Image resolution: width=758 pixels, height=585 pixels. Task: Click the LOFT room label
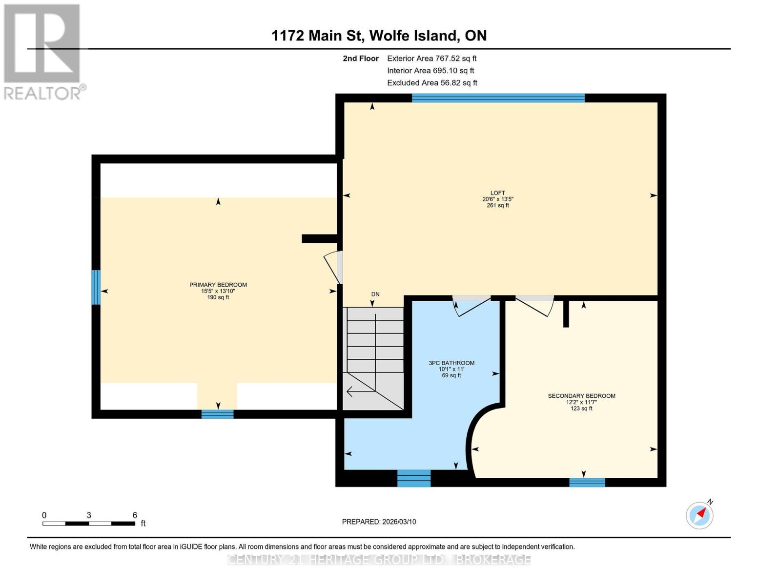click(x=497, y=193)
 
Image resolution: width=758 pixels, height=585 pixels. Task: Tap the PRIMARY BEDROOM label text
click(x=218, y=285)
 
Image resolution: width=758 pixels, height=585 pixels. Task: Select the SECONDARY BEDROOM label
click(x=581, y=396)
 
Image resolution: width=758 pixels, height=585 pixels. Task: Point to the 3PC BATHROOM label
click(x=451, y=363)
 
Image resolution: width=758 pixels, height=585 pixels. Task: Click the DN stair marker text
click(x=375, y=294)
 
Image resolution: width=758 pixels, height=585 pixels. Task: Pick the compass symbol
click(x=700, y=515)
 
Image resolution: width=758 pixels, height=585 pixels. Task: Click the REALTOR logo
click(x=43, y=52)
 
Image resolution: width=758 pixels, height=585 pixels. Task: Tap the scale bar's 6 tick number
click(x=135, y=515)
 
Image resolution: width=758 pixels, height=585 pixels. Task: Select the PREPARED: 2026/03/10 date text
click(x=379, y=522)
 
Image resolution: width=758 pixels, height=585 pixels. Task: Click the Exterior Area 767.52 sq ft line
click(x=431, y=58)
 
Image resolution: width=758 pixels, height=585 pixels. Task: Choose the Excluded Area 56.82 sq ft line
click(x=432, y=83)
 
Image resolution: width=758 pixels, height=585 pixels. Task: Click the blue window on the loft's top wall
click(x=498, y=98)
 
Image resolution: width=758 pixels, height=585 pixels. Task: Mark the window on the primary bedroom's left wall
click(x=96, y=287)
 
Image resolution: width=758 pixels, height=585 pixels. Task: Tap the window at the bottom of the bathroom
click(x=414, y=478)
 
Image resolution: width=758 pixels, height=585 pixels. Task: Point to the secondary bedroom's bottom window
click(x=587, y=482)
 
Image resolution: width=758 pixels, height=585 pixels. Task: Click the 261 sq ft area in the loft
click(x=498, y=206)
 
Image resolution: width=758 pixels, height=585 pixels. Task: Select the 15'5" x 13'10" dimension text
click(x=218, y=291)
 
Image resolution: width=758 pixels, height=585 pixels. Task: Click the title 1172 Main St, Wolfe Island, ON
click(x=379, y=36)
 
